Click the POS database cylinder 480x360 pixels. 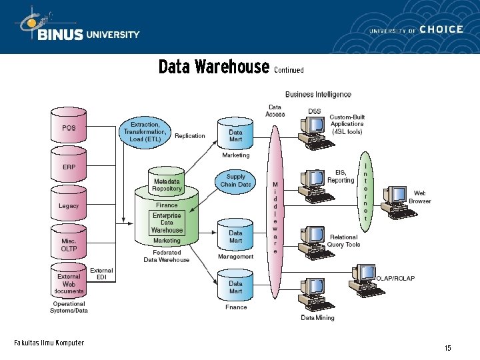pos(69,127)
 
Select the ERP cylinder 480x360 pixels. pos(69,166)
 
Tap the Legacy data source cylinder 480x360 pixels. pos(69,205)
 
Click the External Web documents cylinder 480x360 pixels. pos(69,283)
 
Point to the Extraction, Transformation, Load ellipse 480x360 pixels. pos(145,131)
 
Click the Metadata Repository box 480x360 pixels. pos(167,185)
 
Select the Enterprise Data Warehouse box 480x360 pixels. pos(167,223)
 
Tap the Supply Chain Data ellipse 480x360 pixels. pos(235,181)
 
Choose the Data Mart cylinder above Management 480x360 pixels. pos(235,235)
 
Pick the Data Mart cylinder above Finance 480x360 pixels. pos(235,286)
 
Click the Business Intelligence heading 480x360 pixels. pos(318,95)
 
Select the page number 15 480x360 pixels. pos(448,348)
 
